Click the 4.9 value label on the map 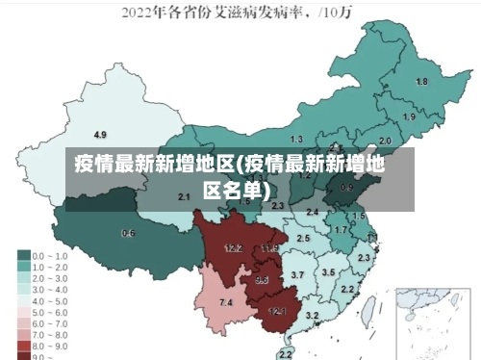(x=100, y=134)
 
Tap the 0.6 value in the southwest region (x=128, y=233)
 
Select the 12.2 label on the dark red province (x=233, y=247)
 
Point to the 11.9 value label (x=269, y=248)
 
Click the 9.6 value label (x=262, y=280)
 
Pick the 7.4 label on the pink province (x=226, y=303)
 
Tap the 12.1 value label (x=277, y=311)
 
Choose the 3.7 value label (x=297, y=275)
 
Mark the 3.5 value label (x=328, y=272)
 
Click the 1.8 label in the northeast (x=421, y=82)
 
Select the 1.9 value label (x=409, y=116)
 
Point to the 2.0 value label (x=385, y=141)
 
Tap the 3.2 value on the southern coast (x=312, y=315)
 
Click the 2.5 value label (x=303, y=238)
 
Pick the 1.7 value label (x=340, y=230)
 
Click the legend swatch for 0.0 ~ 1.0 (x=24, y=257)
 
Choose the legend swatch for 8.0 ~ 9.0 (x=24, y=344)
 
